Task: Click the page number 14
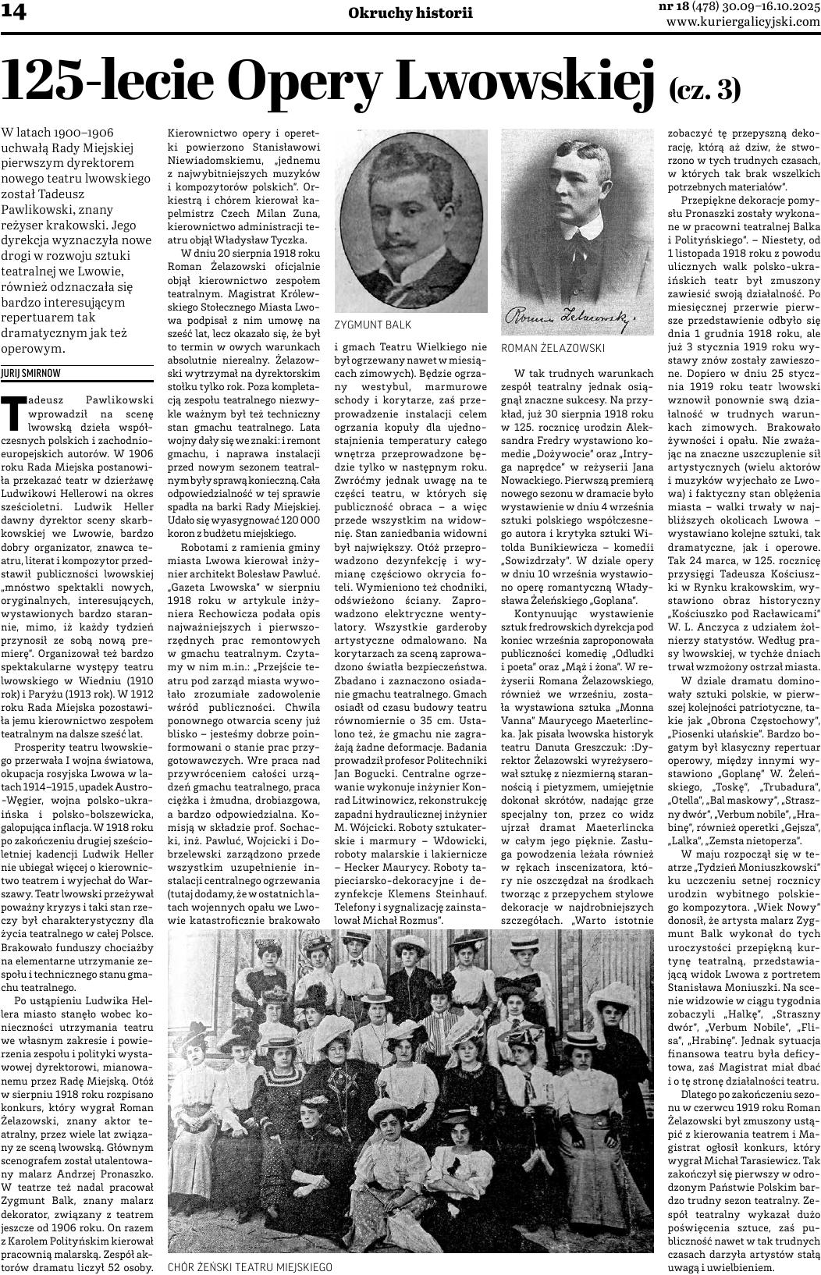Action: pyautogui.click(x=16, y=14)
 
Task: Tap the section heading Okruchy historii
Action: pyautogui.click(x=410, y=12)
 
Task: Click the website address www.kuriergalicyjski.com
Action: pyautogui.click(x=744, y=23)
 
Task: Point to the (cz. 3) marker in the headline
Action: pyautogui.click(x=704, y=90)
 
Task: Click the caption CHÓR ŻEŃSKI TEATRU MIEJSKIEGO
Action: pyautogui.click(x=251, y=1267)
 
